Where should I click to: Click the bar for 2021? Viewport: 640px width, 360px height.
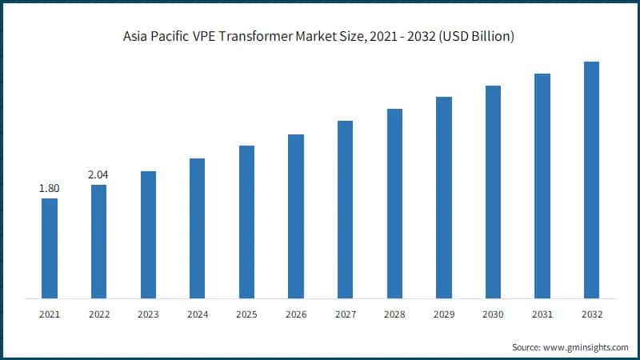coord(50,248)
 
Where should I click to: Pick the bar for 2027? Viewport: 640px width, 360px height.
coord(345,210)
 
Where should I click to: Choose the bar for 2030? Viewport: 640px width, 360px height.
coord(493,192)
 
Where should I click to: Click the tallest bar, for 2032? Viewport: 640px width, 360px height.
coord(591,180)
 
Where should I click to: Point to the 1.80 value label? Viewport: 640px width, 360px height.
coord(50,188)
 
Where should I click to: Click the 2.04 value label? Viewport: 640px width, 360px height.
coord(98,174)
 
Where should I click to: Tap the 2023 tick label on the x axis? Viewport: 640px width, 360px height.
coord(148,315)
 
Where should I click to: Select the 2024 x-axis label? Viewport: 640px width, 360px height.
coord(197,315)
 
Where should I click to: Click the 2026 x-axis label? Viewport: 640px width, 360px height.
coord(296,315)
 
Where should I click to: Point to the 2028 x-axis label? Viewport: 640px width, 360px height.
coord(394,315)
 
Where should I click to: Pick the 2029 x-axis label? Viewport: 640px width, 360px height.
coord(443,315)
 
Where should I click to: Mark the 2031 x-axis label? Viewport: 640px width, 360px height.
coord(542,315)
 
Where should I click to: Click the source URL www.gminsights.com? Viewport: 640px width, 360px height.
coord(585,347)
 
